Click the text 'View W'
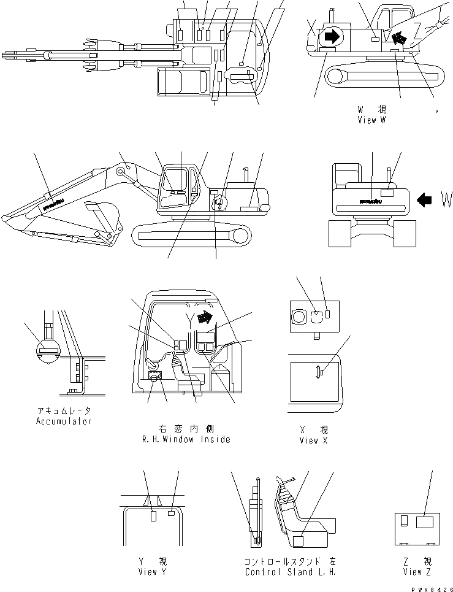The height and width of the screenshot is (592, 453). pos(371,120)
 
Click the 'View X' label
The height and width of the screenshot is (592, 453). pos(313,440)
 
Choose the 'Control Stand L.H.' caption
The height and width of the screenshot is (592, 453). pos(290,572)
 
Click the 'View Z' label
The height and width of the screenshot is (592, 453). pos(417,572)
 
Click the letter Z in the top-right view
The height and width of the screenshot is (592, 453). pos(417,29)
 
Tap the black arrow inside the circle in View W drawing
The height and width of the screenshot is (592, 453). pos(332,36)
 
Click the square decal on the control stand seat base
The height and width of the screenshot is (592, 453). pos(299,540)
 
